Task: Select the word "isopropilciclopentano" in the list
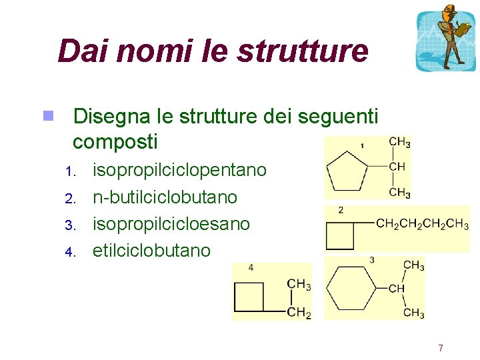pos(179,170)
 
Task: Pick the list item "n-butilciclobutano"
pos(165,197)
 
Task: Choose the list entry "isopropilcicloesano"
pos(171,224)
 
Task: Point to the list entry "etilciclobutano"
pos(151,251)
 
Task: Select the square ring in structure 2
pos(341,235)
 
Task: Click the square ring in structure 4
pos(249,297)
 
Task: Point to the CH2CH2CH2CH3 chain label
pos(422,225)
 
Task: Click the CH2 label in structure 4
pos(299,313)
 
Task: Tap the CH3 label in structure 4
pos(299,285)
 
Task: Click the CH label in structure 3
pos(397,289)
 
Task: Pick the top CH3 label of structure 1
pos(399,142)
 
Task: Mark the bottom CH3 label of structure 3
pos(413,312)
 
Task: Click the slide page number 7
pos(440,348)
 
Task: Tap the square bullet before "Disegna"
pos(48,116)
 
